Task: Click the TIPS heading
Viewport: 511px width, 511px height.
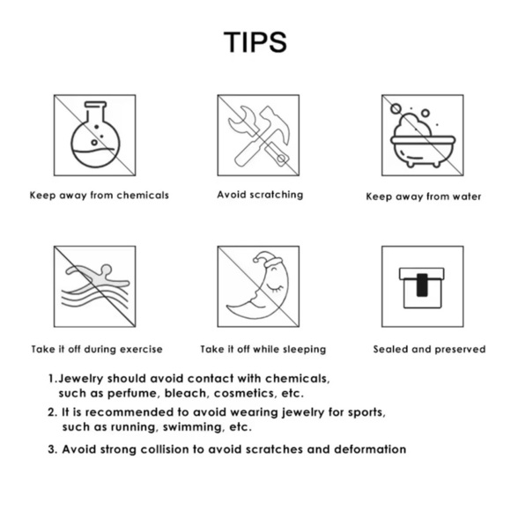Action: tap(255, 42)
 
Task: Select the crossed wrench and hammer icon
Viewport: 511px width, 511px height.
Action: tap(259, 136)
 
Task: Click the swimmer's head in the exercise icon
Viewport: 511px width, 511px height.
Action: tap(107, 270)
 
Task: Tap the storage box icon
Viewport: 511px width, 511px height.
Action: tap(422, 288)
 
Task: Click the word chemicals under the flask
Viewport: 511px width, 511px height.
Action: tap(143, 195)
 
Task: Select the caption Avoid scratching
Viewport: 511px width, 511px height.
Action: tap(260, 195)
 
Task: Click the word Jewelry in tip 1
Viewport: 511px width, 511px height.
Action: tap(81, 379)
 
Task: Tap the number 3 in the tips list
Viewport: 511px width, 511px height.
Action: tap(51, 449)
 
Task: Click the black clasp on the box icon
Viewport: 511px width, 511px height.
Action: tap(422, 285)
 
